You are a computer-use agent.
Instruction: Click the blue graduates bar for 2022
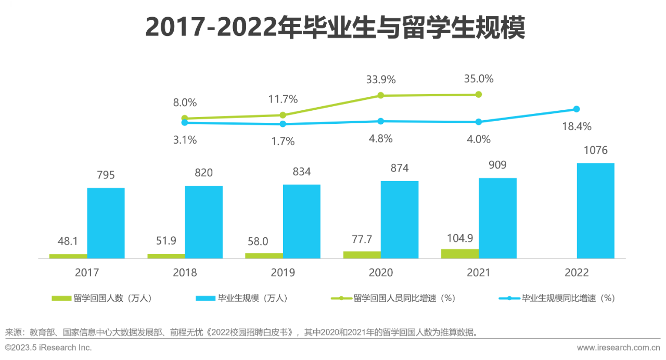595,211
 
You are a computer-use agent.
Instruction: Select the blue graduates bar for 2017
106,223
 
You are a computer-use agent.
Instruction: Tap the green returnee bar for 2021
460,253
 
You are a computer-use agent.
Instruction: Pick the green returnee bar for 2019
264,255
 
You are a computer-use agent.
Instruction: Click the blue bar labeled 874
400,220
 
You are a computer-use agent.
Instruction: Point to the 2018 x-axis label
185,273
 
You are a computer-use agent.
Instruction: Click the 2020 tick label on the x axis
381,273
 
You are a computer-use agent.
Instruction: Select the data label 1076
595,151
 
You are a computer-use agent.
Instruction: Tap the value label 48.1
68,241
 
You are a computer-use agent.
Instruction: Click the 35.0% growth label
479,79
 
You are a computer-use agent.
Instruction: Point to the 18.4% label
577,126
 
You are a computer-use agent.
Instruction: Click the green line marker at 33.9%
380,95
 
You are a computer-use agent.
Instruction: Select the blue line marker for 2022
577,109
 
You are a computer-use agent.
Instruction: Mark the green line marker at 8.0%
185,118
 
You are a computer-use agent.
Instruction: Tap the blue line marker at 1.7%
283,124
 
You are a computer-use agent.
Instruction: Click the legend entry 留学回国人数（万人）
102,298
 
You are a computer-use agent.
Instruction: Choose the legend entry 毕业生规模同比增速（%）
557,298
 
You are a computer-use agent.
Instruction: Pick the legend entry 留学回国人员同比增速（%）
394,298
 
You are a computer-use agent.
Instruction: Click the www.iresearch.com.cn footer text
618,348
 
